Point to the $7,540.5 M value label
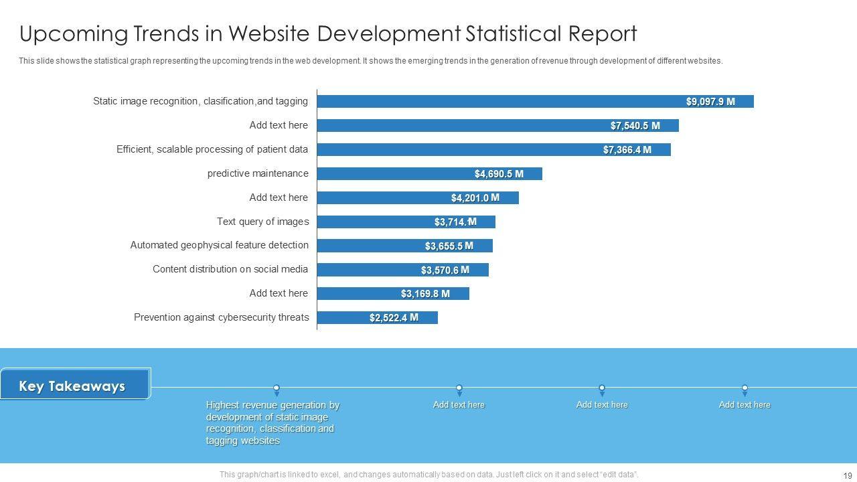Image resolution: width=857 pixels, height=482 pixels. pos(635,126)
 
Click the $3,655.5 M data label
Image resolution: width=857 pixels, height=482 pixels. pos(449,246)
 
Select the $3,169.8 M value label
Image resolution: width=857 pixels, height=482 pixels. pos(425,294)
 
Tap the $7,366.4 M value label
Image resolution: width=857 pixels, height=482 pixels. pos(627,150)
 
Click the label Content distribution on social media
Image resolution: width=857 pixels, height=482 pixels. pos(230,269)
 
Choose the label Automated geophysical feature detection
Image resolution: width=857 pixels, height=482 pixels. pos(220,245)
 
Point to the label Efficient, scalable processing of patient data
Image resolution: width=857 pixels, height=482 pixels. pos(212,149)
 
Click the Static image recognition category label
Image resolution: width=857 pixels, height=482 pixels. pos(200,101)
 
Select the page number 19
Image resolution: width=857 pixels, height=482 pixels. pos(847,475)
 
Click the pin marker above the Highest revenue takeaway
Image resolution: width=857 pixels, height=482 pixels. pos(277,389)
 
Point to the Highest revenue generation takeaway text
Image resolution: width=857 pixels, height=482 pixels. pos(272,422)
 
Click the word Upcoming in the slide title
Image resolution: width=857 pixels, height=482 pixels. pos(65,33)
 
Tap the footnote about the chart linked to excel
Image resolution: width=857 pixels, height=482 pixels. pos(428,475)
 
